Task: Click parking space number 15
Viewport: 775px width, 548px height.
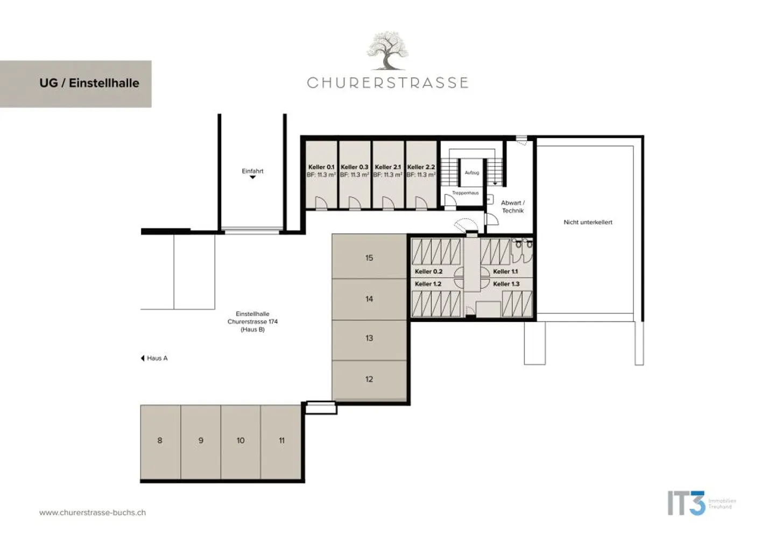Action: coord(369,257)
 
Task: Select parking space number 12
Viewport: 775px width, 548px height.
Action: coord(369,379)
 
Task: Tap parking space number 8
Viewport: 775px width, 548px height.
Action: coord(160,440)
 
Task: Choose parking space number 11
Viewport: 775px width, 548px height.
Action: coord(281,440)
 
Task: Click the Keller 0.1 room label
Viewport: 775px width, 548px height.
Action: coord(321,167)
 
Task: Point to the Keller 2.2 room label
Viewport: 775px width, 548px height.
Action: coord(421,167)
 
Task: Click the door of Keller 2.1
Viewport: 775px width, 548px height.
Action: coord(387,203)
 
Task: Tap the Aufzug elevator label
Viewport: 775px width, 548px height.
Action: coord(471,173)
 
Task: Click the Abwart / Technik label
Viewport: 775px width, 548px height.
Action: coord(512,207)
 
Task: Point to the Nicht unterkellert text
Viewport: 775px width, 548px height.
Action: coord(588,222)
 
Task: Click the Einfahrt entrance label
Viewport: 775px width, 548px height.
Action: coord(252,171)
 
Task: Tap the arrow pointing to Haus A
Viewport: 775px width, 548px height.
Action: coord(143,358)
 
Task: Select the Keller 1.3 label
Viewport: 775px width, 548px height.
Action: coord(506,284)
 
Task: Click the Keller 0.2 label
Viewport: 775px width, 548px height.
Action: coord(428,271)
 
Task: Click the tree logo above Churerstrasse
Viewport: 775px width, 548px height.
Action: coord(387,51)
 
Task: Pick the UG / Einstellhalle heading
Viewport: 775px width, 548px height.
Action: coord(89,83)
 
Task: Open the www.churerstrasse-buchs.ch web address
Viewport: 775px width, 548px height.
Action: coord(93,512)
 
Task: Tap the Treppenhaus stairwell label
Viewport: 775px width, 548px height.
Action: coord(465,193)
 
